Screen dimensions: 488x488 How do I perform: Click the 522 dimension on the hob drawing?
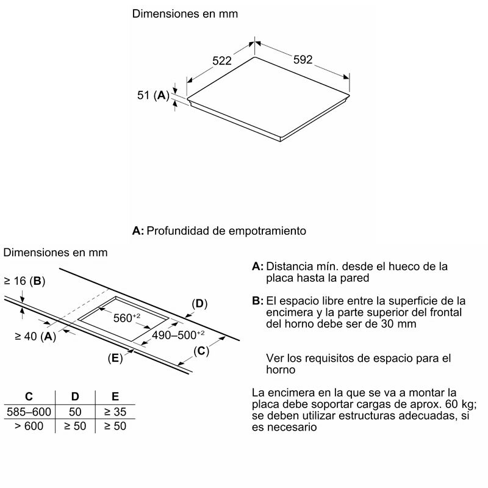(x=221, y=60)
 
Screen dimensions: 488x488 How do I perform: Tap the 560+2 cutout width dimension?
(x=127, y=317)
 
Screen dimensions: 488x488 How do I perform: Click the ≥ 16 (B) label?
(x=24, y=281)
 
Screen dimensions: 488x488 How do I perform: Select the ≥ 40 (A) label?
(x=35, y=335)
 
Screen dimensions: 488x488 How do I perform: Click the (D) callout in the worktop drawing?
(x=199, y=303)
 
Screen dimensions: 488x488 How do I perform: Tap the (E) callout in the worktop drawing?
(x=115, y=358)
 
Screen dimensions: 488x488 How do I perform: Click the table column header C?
(x=28, y=396)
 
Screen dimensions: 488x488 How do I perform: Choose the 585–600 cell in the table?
(x=28, y=412)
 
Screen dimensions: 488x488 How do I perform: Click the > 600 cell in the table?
(x=28, y=426)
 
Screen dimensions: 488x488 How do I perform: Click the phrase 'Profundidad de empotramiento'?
(x=226, y=231)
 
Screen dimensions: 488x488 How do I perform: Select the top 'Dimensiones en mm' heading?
(x=185, y=13)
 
